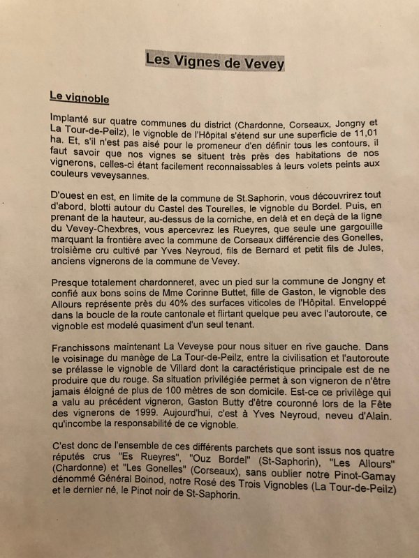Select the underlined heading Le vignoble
click(x=79, y=98)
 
